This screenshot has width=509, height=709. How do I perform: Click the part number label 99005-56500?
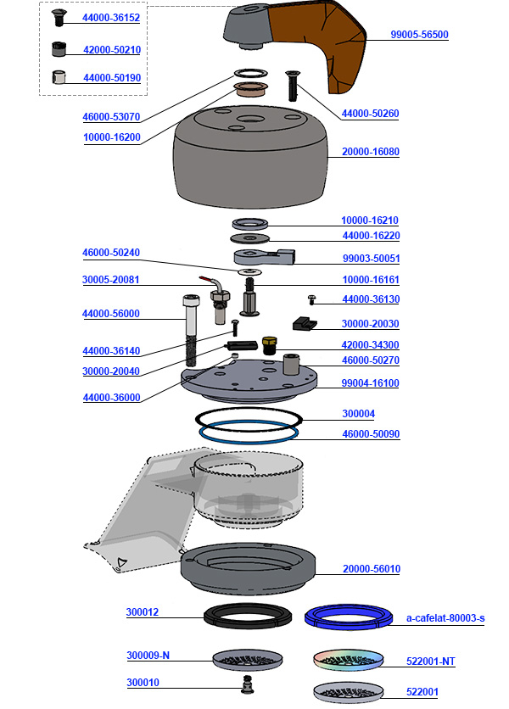point(419,36)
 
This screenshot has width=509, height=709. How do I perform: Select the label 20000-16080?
point(371,152)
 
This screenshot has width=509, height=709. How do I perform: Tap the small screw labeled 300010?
point(249,684)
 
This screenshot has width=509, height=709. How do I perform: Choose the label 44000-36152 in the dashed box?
point(111,18)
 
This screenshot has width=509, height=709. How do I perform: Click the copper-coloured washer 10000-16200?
point(251,89)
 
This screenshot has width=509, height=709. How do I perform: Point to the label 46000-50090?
point(370,434)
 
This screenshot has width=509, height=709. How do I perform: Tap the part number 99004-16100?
point(370,383)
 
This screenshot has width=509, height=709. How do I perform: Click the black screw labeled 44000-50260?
point(294,86)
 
